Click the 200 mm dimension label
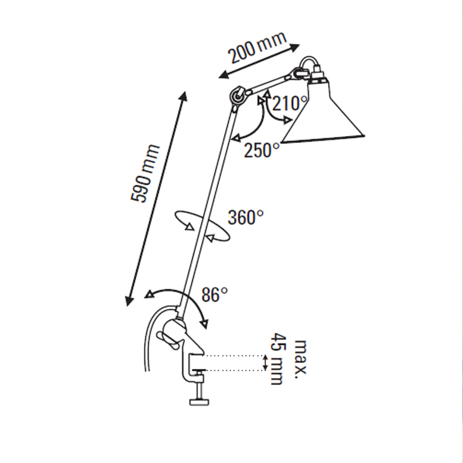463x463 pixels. coord(258,47)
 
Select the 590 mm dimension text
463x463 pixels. coord(145,174)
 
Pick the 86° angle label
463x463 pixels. coord(215,295)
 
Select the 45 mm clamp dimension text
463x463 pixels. coord(277,359)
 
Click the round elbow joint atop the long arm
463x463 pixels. coord(237,96)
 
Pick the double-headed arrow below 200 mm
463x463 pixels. coord(259,61)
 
